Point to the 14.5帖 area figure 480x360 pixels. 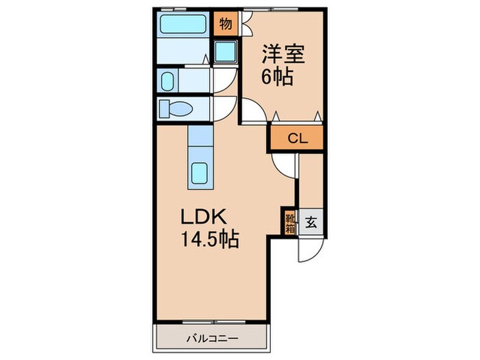[x=209, y=241]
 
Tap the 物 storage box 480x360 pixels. [x=225, y=25]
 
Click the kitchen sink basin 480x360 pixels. [x=202, y=174]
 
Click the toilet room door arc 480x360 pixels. [x=225, y=108]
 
